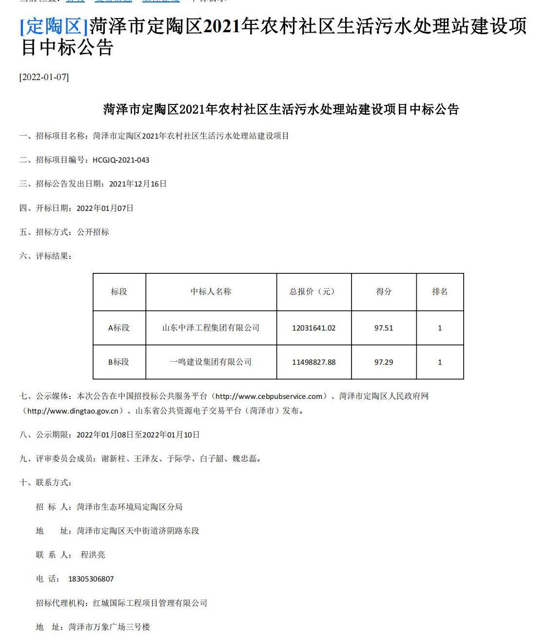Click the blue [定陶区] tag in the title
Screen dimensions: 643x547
tap(54, 26)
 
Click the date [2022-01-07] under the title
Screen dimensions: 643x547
tap(44, 77)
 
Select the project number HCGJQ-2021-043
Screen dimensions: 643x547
tap(121, 160)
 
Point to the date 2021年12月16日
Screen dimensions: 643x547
tap(138, 184)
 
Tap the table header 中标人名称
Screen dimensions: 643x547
tap(211, 291)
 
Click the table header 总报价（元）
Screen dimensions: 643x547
tap(313, 291)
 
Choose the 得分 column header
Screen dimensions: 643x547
tap(384, 291)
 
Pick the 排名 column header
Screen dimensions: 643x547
tap(440, 291)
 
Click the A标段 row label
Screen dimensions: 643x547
tap(119, 328)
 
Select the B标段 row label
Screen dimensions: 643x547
tap(119, 362)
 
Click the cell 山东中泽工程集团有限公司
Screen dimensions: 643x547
tap(211, 328)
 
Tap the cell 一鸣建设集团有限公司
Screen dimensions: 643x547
tap(211, 362)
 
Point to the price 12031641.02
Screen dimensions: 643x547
tap(314, 328)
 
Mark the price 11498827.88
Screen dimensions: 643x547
tap(314, 362)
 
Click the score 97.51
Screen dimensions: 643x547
tap(384, 328)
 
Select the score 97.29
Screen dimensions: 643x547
tap(384, 362)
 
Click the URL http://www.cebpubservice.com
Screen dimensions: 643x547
tap(269, 396)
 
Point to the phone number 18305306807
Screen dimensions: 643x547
tap(91, 579)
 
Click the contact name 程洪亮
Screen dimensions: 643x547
tap(93, 555)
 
